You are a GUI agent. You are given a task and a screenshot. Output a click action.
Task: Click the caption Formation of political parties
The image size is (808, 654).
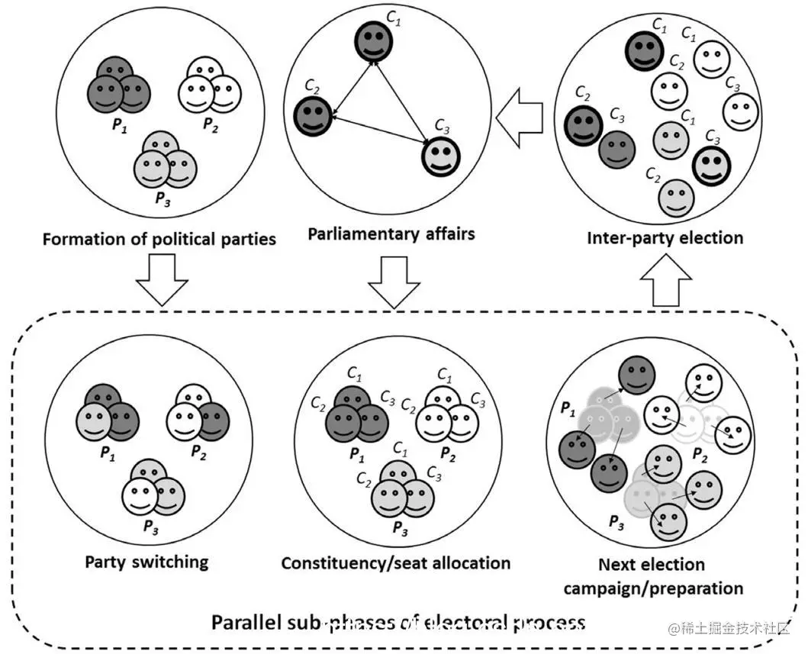159,239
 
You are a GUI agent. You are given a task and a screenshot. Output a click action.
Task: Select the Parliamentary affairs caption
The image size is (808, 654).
391,234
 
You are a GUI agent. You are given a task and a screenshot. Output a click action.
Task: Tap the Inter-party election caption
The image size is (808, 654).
665,237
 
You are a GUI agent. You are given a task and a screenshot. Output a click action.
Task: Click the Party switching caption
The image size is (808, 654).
146,562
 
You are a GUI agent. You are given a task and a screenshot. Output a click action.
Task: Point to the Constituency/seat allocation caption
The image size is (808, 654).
395,563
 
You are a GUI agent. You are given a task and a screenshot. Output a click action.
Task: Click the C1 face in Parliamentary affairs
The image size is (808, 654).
373,42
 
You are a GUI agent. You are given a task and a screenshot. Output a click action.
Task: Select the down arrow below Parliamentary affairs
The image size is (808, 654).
394,282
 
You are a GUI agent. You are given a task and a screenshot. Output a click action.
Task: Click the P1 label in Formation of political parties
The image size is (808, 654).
119,126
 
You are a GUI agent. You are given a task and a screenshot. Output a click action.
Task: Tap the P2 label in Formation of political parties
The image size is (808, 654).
211,125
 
